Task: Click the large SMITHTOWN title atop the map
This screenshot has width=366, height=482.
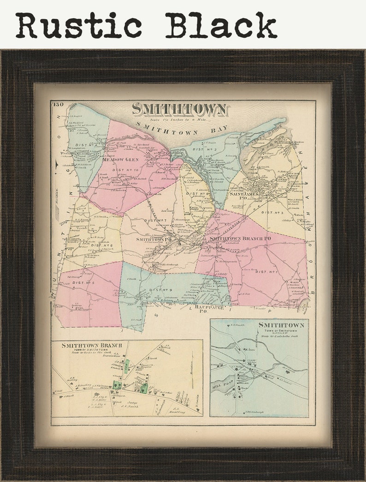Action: click(x=179, y=110)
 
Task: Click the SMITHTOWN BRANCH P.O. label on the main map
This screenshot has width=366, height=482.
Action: click(x=240, y=238)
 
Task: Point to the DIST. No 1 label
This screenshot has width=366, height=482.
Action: click(x=266, y=272)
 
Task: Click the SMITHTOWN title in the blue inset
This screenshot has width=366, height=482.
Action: click(x=281, y=325)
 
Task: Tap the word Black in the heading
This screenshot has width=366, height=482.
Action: click(x=221, y=25)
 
